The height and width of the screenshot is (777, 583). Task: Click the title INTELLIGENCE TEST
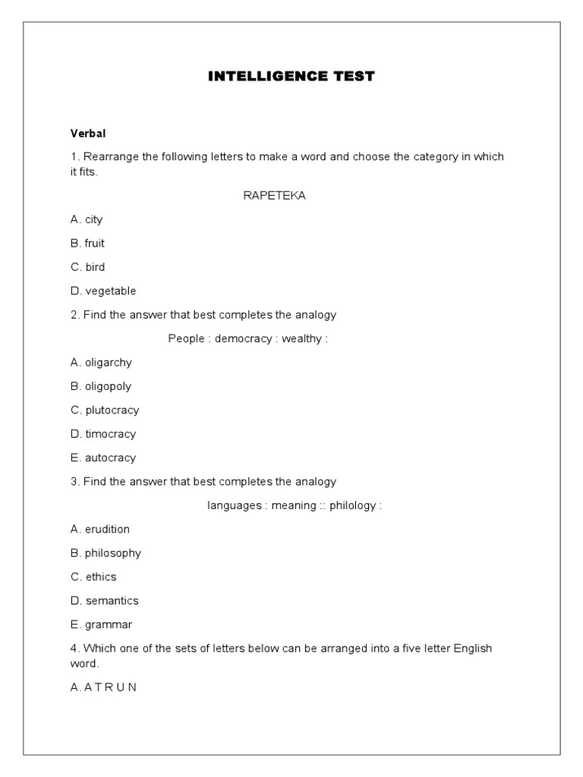tap(291, 77)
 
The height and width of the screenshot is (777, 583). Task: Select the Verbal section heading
tap(88, 133)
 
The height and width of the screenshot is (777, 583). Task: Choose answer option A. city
tap(87, 219)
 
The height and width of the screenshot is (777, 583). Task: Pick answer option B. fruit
tap(87, 244)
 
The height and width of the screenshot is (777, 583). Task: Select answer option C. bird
tap(87, 267)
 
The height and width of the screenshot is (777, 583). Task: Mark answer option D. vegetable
tap(103, 291)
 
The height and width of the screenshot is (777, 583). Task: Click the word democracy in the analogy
tap(243, 338)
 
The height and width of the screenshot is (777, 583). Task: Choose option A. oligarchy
tap(101, 363)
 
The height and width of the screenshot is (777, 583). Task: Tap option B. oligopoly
tap(101, 386)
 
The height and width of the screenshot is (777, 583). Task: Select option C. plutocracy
tap(105, 410)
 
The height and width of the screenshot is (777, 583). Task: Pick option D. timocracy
tap(103, 434)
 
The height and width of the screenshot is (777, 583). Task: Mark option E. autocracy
tap(103, 458)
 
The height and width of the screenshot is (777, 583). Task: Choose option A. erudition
tap(100, 529)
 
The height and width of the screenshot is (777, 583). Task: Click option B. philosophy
tap(106, 553)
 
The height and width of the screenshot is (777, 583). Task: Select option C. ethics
tap(93, 577)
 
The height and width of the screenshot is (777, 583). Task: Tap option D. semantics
tap(105, 601)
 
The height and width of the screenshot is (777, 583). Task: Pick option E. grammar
tap(101, 624)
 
